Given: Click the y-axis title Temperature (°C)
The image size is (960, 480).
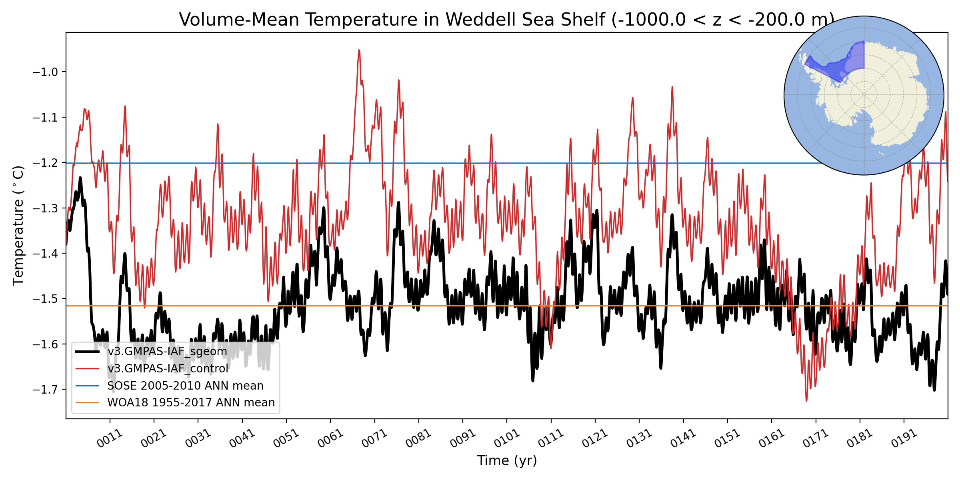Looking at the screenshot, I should click(x=18, y=226).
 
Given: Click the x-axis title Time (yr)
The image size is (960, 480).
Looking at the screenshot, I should click(x=507, y=460).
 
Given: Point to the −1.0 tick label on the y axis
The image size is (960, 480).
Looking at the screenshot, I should click(x=45, y=72).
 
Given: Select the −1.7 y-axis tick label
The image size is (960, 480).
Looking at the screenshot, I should click(x=45, y=390).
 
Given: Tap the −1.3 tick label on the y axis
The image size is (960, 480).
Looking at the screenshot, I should click(x=45, y=208).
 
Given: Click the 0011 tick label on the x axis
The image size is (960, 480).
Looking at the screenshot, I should click(x=109, y=438).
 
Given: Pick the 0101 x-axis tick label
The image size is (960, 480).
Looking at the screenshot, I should click(x=506, y=438).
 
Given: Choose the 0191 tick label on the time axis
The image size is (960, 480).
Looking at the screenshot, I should click(x=904, y=438).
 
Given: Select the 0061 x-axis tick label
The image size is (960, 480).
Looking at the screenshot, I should click(x=330, y=438).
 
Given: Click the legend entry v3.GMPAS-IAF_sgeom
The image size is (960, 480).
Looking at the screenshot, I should click(x=167, y=352).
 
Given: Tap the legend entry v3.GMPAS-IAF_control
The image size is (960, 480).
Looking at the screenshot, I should click(x=168, y=368).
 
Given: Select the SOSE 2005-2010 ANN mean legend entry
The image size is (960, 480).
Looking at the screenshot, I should click(x=185, y=386).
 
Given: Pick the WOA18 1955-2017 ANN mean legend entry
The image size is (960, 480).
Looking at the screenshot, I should click(x=191, y=402).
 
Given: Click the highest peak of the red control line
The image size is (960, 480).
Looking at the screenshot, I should click(x=359, y=50).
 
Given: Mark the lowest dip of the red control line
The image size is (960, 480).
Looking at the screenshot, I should click(x=806, y=400).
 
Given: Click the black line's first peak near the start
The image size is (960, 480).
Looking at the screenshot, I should click(x=80, y=178).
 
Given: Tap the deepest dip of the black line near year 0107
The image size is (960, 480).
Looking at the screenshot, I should click(x=533, y=381).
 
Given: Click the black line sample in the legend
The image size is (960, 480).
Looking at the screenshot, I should click(x=87, y=352).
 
